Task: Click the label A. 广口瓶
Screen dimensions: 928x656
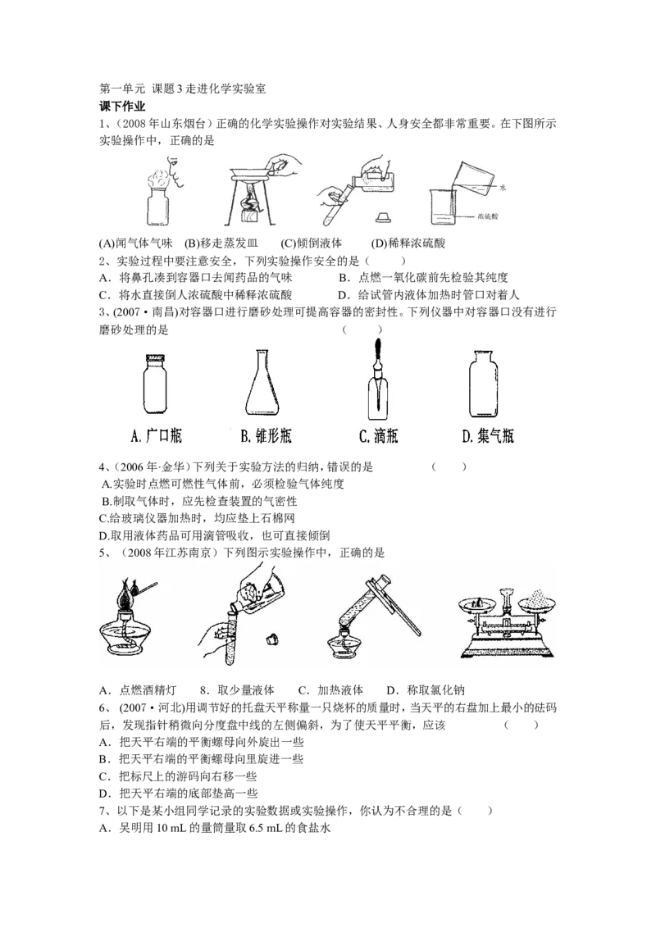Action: click(x=156, y=436)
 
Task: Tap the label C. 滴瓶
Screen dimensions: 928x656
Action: click(x=378, y=436)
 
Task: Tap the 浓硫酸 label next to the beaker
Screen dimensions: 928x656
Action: click(x=490, y=216)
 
